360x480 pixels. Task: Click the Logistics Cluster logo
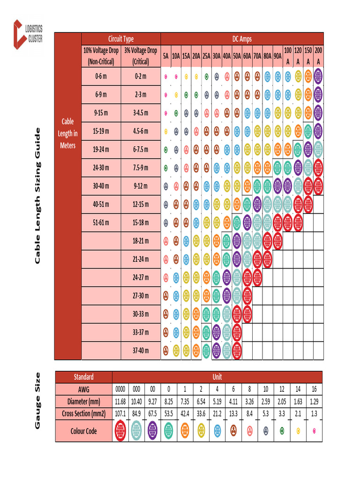(28, 34)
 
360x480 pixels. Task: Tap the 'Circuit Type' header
(121, 39)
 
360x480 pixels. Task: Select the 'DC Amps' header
(242, 39)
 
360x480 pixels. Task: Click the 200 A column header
(318, 56)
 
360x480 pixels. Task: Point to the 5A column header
(166, 56)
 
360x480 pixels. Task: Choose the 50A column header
(237, 56)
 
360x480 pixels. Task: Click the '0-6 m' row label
(101, 76)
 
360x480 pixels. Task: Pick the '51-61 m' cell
(101, 222)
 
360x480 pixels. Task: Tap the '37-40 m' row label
(141, 351)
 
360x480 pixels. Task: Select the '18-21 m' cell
(141, 240)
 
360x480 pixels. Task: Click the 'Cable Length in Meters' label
(68, 134)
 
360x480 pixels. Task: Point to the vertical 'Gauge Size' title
(38, 400)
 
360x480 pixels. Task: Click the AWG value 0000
(120, 389)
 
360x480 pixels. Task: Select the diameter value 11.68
(120, 401)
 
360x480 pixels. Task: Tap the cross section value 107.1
(120, 413)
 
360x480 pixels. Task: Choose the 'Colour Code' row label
(84, 431)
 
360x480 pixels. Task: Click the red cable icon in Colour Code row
(120, 431)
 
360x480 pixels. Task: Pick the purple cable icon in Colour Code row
(152, 431)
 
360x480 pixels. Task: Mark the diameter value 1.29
(314, 401)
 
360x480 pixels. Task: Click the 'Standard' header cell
(84, 377)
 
